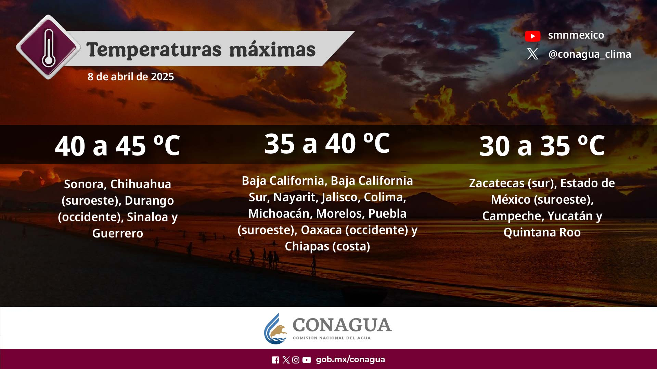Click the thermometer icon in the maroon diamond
[x=48, y=47]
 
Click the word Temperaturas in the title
[x=154, y=50]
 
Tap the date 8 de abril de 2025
[x=131, y=77]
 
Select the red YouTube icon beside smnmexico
[x=532, y=36]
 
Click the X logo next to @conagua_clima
[x=532, y=54]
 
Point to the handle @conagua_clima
[x=590, y=54]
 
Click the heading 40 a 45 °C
[x=117, y=146]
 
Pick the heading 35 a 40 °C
[x=327, y=143]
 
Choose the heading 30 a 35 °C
[x=542, y=146]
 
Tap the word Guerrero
[x=118, y=233]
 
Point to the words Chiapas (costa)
[x=327, y=246]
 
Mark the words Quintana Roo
[x=542, y=232]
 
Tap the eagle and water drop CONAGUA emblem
[x=275, y=329]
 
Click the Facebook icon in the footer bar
[x=275, y=360]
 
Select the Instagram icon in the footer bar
[x=296, y=360]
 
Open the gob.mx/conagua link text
[x=350, y=359]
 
